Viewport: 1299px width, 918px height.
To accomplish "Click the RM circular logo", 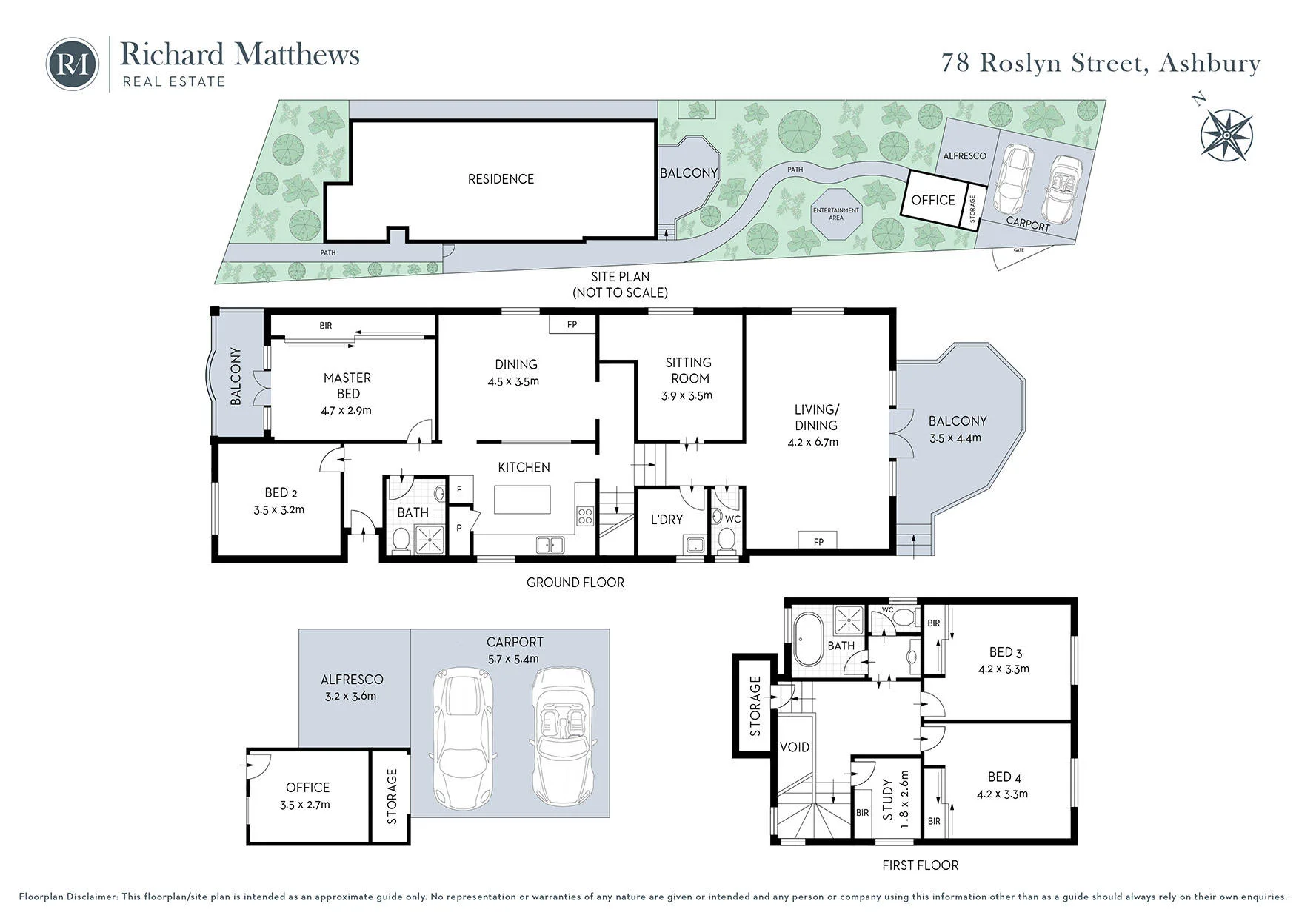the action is point(72,64).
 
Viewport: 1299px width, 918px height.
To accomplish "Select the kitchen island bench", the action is point(522,499).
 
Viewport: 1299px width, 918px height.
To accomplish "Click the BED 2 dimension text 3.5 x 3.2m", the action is point(278,509).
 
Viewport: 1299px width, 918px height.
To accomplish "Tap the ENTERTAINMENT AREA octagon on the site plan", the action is point(836,213).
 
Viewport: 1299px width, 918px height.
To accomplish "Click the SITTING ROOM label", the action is point(688,370).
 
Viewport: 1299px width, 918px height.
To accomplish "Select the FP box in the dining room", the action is point(572,324).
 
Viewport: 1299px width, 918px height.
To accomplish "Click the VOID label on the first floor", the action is point(795,747).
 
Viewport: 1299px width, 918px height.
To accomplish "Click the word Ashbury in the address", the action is point(1209,63).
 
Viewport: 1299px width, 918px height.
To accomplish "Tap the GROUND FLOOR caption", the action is point(575,583).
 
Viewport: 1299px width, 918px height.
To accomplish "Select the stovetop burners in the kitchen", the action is point(585,515).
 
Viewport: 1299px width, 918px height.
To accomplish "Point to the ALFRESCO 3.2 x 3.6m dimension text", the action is point(350,696).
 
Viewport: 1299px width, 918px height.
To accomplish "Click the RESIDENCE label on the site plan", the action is point(501,179).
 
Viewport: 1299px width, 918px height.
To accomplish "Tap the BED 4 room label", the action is point(1004,777).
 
